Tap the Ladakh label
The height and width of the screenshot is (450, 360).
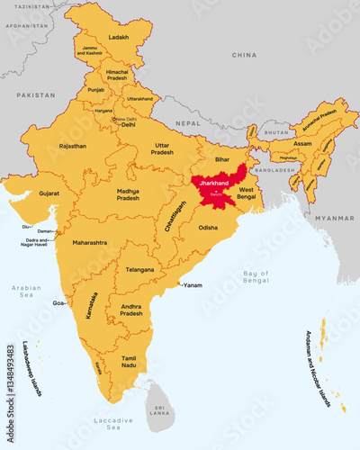pos(118,37)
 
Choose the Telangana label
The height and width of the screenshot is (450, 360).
pos(139,269)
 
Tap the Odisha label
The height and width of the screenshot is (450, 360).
pos(208,228)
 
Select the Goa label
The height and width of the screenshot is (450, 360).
pos(58,304)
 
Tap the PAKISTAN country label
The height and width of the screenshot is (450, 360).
pos(35,94)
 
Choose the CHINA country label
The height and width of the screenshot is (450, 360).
pos(244,55)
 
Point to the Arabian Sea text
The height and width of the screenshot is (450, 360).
pos(26,292)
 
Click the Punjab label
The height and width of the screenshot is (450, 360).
pos(96,90)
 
